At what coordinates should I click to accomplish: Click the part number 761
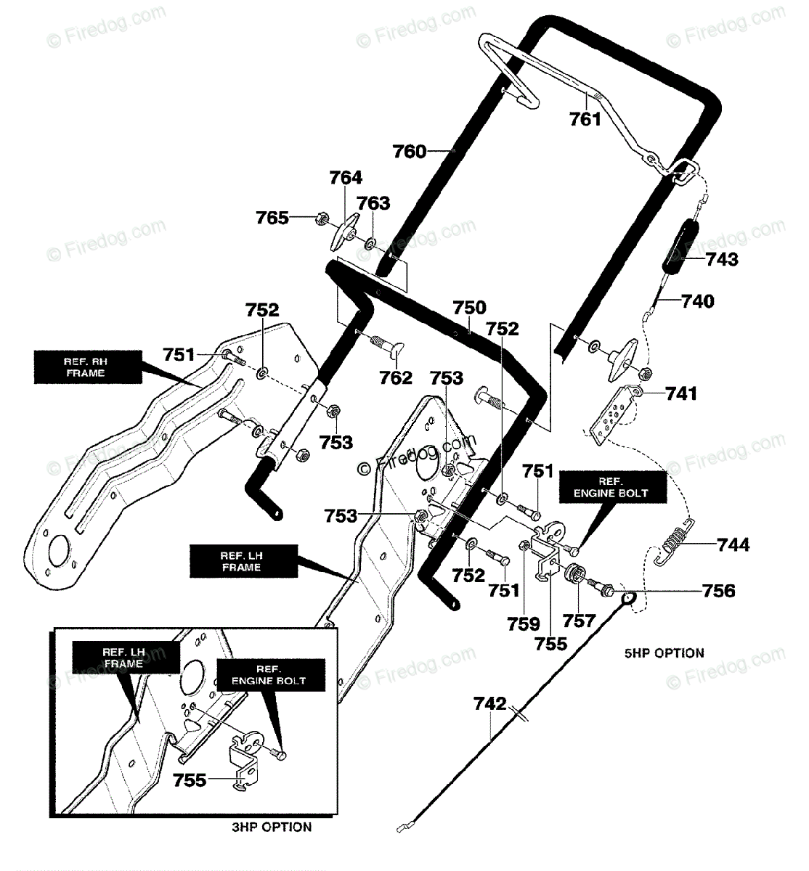point(585,119)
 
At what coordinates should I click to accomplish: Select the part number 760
point(409,152)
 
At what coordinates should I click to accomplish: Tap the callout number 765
point(272,218)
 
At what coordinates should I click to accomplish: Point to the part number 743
point(722,259)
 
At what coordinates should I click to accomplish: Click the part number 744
point(733,544)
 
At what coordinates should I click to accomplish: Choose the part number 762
point(396,377)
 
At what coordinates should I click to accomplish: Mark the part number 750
point(469,308)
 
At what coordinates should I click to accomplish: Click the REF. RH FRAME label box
point(88,367)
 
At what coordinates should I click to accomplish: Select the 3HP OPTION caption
point(272,827)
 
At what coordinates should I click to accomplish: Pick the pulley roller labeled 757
point(575,575)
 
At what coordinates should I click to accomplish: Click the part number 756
point(718,591)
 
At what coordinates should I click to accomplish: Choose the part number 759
point(524,624)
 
